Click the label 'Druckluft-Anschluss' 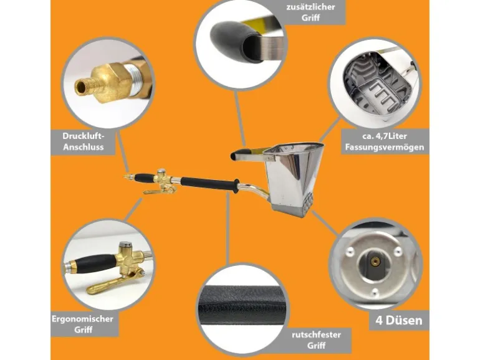click(84, 141)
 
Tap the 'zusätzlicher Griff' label click(310, 12)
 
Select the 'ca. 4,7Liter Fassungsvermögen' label click(385, 141)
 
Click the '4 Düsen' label click(399, 320)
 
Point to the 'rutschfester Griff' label click(316, 340)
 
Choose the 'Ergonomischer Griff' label click(83, 324)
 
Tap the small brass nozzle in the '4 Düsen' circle click(375, 260)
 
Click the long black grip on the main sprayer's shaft click(210, 184)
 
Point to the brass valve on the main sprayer click(162, 181)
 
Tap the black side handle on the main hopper click(242, 154)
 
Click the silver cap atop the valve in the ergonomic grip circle click(125, 245)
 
